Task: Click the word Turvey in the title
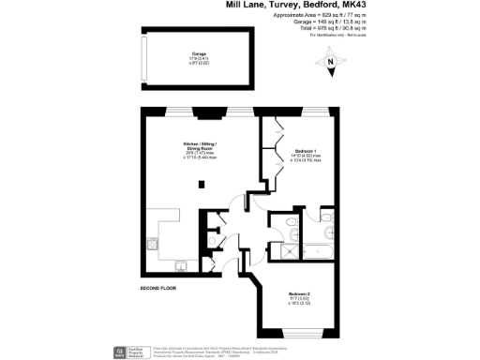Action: click(287, 7)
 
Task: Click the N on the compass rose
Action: click(329, 63)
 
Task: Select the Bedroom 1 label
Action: click(306, 152)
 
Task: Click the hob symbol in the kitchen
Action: click(152, 242)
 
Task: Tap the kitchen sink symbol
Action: click(181, 264)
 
